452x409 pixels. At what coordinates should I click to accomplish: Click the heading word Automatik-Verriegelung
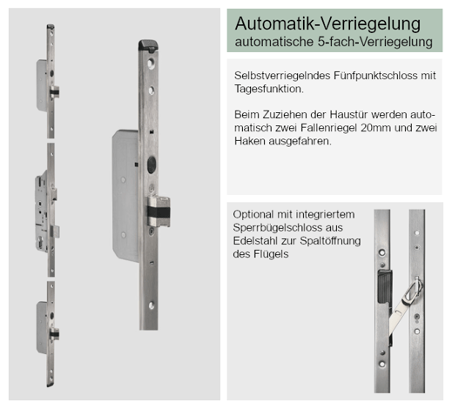327,23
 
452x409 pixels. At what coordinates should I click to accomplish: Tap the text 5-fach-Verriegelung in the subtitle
375,42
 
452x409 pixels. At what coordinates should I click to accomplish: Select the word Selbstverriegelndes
282,76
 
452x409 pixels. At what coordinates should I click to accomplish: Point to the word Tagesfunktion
269,89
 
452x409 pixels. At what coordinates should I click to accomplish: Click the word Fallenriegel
329,128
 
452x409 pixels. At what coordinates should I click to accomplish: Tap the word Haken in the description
250,141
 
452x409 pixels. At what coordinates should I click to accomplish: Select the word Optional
253,215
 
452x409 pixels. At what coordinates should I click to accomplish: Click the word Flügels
271,254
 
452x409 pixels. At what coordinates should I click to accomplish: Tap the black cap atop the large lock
148,46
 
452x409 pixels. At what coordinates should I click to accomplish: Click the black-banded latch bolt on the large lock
159,211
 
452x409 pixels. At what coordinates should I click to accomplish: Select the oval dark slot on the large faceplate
152,164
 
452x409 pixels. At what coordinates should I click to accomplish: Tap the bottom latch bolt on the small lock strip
54,333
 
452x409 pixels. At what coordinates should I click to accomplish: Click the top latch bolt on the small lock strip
55,92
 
